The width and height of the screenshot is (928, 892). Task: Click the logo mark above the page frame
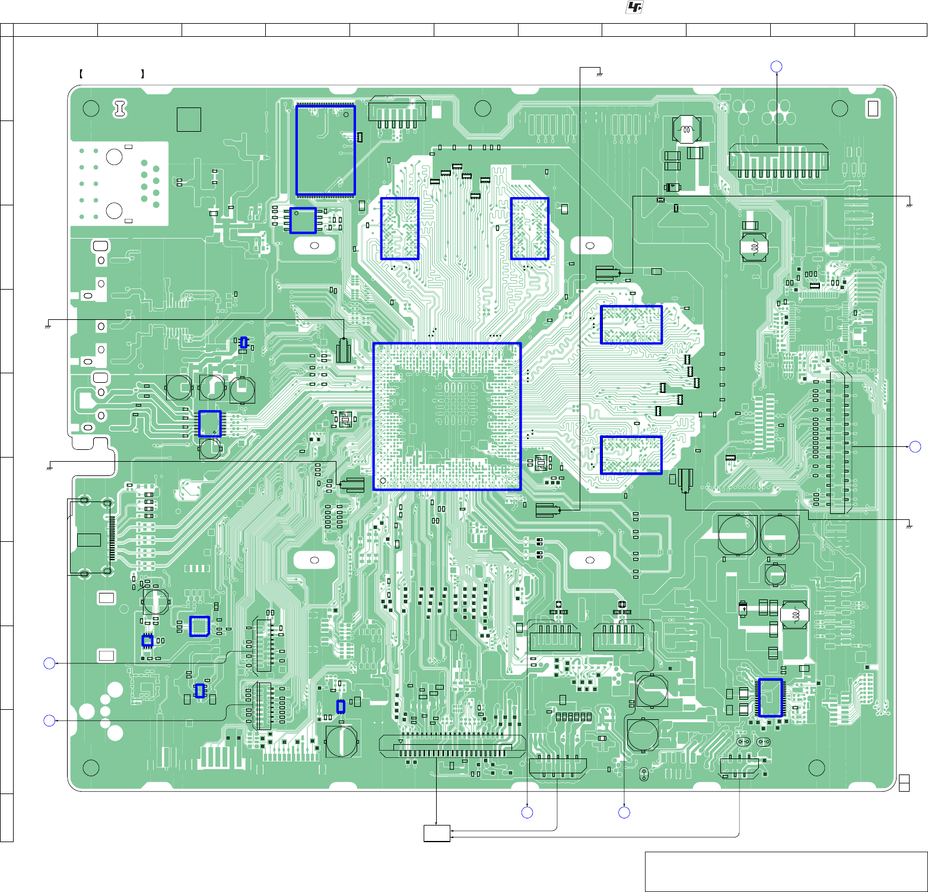pos(634,7)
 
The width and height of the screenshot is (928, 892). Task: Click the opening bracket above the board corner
pos(80,74)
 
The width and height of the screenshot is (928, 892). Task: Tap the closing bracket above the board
pos(143,74)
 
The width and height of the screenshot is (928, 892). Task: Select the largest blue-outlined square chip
pos(447,416)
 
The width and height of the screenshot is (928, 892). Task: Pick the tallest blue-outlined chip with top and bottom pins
pos(326,151)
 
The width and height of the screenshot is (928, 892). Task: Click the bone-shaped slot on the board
pos(120,109)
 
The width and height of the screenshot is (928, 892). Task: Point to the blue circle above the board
pos(776,66)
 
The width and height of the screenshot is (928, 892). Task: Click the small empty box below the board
pos(437,833)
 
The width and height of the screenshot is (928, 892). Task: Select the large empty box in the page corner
pos(786,871)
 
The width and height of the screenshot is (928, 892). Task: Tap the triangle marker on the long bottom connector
pos(401,742)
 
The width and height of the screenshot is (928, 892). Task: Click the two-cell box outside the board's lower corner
pos(904,783)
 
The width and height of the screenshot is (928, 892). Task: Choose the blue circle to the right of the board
pos(916,446)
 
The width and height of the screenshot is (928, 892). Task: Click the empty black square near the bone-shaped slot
pos(189,119)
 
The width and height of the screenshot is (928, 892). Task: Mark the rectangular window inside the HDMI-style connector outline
pos(89,539)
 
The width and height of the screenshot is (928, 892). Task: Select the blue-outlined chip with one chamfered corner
pos(199,626)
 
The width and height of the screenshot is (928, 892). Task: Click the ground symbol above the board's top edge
pos(600,75)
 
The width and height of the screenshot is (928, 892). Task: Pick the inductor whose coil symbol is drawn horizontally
pos(687,129)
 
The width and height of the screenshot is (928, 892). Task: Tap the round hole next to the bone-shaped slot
pos(91,109)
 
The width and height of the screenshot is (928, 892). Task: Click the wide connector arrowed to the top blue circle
pos(778,160)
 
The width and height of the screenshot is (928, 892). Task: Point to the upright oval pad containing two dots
pos(644,774)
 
